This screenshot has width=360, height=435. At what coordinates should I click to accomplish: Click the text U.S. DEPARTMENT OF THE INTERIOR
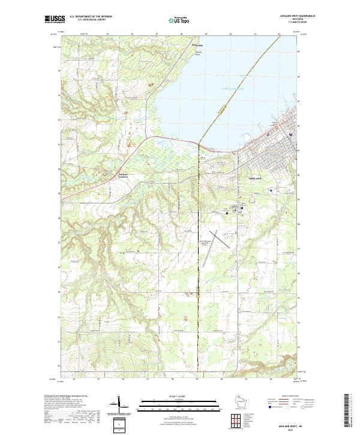click(x=91, y=16)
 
